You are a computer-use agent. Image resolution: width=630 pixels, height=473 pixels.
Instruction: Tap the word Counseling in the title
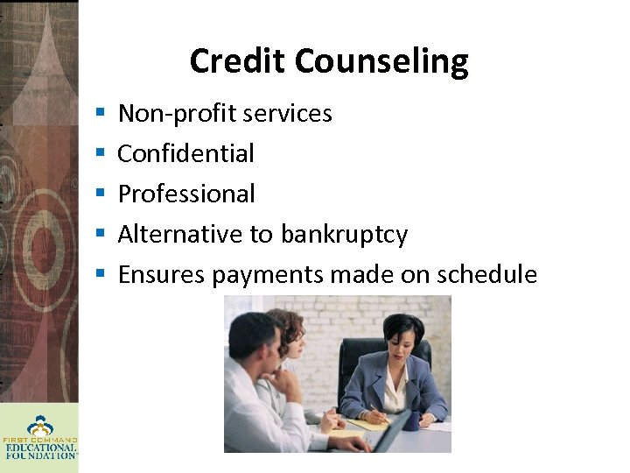[381, 61]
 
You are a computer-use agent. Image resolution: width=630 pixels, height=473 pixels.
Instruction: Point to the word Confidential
[185, 153]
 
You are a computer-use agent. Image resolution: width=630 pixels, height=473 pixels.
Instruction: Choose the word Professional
[186, 194]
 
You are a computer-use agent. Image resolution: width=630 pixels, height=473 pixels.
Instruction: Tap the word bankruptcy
[344, 235]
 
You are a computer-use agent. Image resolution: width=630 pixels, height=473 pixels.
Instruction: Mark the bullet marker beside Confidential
[101, 154]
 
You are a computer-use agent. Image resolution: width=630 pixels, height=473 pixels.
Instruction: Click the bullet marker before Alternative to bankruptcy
[101, 235]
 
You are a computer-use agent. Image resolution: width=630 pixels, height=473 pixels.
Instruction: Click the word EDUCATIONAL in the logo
[39, 447]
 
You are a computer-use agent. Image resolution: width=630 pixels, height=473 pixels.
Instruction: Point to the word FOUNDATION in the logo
[39, 455]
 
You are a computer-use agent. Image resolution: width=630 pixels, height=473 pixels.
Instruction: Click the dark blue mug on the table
[410, 420]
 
